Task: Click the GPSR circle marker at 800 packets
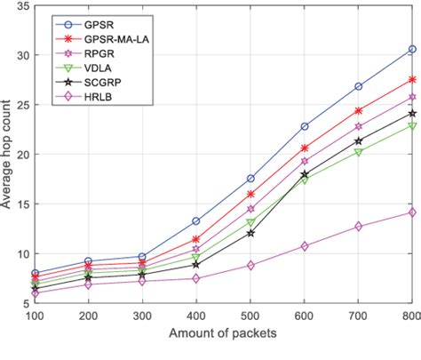coord(412,49)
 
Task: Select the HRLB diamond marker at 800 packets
coord(412,212)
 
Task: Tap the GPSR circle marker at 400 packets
coord(196,220)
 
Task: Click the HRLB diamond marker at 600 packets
coord(305,246)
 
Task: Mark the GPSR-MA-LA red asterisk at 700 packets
coord(358,111)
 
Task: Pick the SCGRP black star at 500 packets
coord(250,233)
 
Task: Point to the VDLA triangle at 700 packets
coord(358,152)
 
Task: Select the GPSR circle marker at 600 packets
coord(305,126)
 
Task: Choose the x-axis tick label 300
coord(142,316)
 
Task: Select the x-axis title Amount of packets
coord(222,334)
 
